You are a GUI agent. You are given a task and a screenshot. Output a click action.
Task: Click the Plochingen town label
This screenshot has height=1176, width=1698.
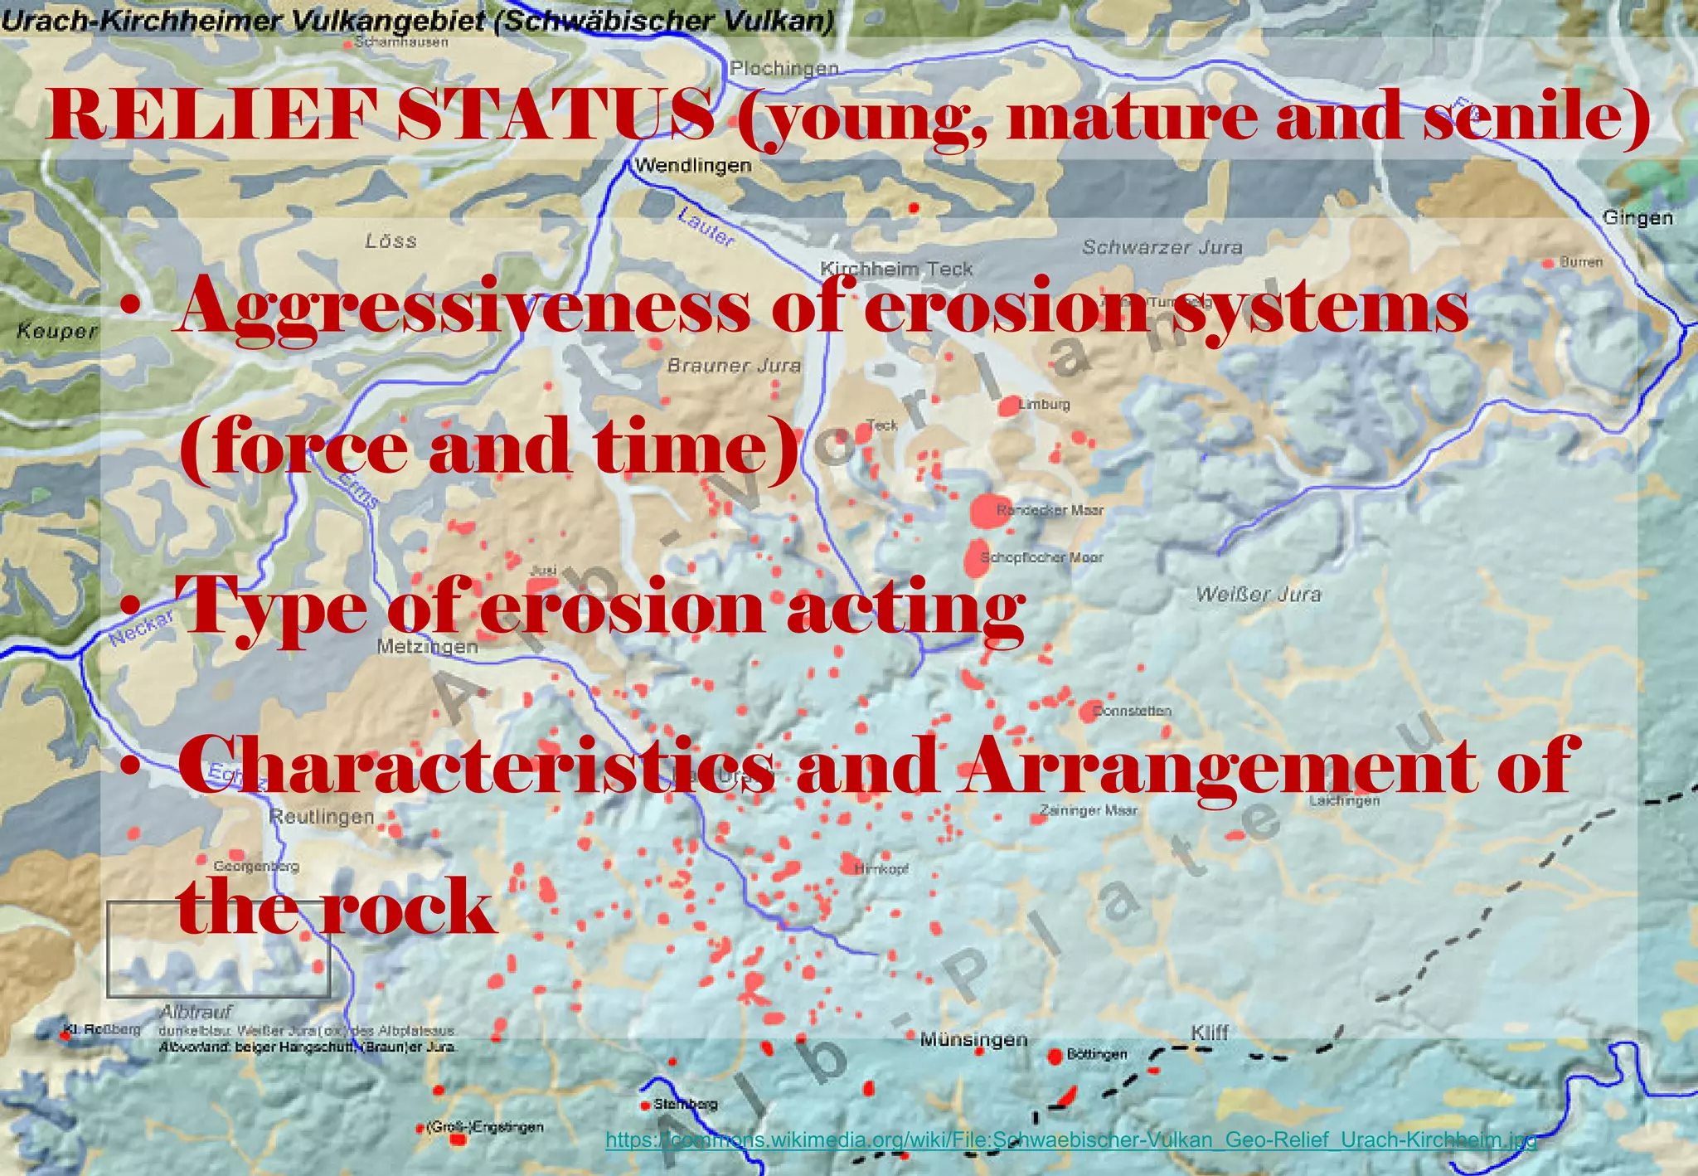(x=784, y=68)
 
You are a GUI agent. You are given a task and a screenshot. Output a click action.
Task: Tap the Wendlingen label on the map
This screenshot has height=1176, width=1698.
(x=693, y=166)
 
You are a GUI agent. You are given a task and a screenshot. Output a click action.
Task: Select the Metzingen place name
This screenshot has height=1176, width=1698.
(x=428, y=647)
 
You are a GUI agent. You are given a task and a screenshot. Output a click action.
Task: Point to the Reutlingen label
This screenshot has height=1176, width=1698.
(x=322, y=817)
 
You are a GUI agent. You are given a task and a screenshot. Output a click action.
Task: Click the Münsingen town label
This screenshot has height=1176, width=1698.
(x=973, y=1040)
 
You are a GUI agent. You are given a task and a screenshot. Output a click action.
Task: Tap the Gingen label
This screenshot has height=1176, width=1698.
(x=1637, y=218)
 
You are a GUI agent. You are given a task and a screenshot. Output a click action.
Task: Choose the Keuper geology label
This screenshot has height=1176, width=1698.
(x=56, y=332)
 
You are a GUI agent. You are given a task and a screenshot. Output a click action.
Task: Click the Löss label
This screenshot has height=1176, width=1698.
(x=391, y=241)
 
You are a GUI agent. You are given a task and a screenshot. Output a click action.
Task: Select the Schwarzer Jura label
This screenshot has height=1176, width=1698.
(x=1162, y=247)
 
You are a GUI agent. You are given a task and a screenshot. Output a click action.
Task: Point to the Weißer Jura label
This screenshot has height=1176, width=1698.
(x=1258, y=594)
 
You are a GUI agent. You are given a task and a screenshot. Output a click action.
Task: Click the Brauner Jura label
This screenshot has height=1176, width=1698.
(x=734, y=365)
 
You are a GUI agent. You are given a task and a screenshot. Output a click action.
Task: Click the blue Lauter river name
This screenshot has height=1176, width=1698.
(x=706, y=227)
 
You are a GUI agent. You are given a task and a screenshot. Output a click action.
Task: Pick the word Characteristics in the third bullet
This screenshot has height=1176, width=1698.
(x=477, y=765)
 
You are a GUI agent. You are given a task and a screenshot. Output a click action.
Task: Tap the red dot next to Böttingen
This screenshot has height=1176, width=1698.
(x=1055, y=1057)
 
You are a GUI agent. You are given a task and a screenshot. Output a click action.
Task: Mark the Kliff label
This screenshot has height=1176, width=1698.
(x=1210, y=1033)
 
